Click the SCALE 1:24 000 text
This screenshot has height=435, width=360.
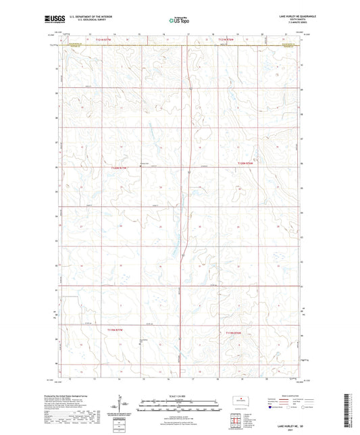179,394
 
